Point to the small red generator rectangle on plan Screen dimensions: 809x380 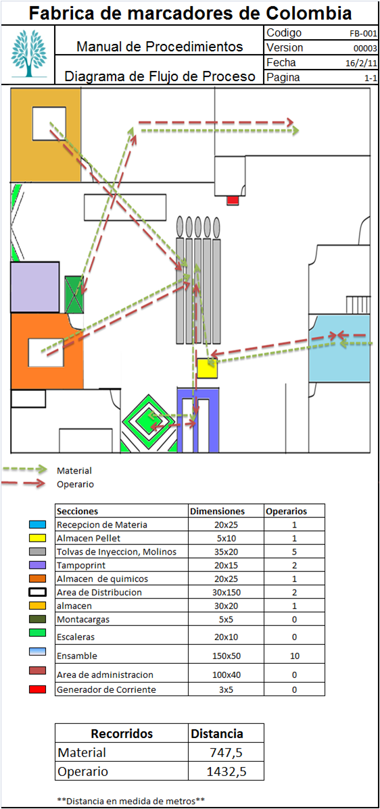pos(233,200)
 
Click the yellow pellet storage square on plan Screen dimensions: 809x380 pos(207,368)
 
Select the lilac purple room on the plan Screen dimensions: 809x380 pos(34,287)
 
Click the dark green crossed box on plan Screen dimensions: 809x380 pos(74,294)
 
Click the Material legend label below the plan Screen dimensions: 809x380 pos(74,471)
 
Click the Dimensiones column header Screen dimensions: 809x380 pos(217,511)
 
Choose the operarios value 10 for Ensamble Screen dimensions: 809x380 pos(294,656)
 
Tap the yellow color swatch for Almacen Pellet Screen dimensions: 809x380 pos(38,538)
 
